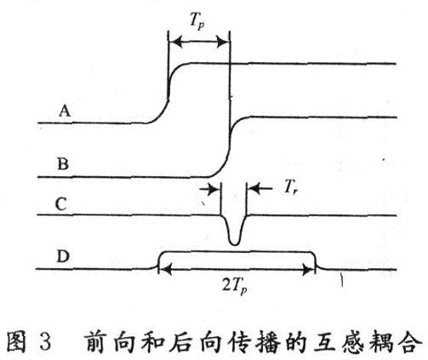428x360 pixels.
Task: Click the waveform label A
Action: [x=65, y=111]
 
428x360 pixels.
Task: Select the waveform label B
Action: [x=63, y=163]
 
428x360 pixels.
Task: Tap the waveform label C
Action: [x=61, y=204]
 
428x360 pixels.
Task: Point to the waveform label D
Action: [x=63, y=256]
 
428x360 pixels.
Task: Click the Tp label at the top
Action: [x=197, y=21]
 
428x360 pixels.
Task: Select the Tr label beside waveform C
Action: [x=291, y=187]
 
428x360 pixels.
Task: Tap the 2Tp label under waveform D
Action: [x=234, y=286]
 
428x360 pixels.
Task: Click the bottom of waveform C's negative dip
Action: [x=235, y=244]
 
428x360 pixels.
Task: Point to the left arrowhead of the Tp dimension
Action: [x=176, y=43]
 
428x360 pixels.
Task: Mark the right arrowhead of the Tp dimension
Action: [x=222, y=43]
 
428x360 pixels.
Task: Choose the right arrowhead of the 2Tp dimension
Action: [x=308, y=270]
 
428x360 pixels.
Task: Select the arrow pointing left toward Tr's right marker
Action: [x=260, y=188]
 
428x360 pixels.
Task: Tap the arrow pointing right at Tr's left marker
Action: [x=210, y=189]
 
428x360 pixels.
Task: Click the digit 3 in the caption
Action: [x=44, y=341]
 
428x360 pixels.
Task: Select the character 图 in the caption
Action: [x=16, y=341]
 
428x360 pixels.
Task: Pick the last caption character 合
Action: [x=410, y=341]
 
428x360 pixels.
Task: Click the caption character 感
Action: [x=352, y=341]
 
